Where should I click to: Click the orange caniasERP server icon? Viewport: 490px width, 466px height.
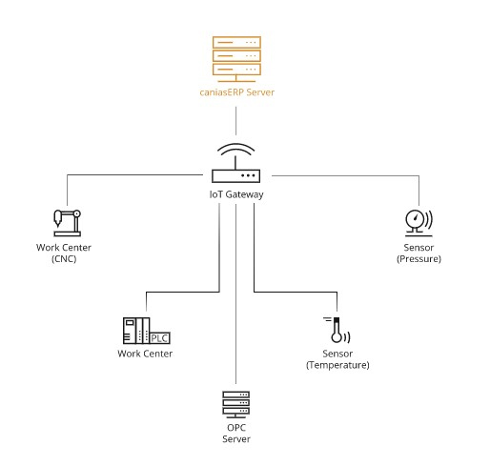[236, 59]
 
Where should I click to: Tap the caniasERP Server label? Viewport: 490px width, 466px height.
[236, 92]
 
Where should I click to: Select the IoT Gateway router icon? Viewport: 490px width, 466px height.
[235, 163]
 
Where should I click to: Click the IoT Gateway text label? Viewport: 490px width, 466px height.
[236, 194]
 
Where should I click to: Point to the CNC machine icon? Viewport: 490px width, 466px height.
[67, 223]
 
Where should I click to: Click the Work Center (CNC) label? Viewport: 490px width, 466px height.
[64, 253]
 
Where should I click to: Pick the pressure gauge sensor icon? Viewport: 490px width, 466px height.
[419, 223]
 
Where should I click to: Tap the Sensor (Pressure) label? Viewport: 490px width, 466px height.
[419, 253]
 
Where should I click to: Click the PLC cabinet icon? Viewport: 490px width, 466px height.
[147, 331]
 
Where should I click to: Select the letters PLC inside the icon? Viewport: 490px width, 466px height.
[159, 338]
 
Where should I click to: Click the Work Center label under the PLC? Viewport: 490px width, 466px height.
[145, 354]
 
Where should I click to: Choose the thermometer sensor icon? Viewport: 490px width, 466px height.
[337, 330]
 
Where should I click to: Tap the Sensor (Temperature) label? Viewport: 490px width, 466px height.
[337, 359]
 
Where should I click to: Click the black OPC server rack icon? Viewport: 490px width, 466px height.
[235, 404]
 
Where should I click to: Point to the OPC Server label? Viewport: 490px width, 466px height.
[236, 434]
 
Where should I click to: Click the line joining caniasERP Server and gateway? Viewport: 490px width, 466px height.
[235, 121]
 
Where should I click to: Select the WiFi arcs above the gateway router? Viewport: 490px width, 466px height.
[235, 149]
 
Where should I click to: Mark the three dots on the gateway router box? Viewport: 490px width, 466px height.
[248, 175]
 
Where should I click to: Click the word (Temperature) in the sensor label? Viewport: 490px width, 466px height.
[337, 365]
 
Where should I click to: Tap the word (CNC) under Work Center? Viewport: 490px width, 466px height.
[64, 259]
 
